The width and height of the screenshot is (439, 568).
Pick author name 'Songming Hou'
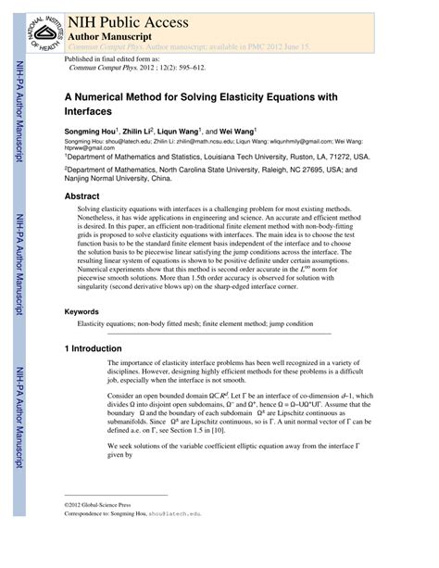92,133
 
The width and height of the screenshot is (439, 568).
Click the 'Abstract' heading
82,196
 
